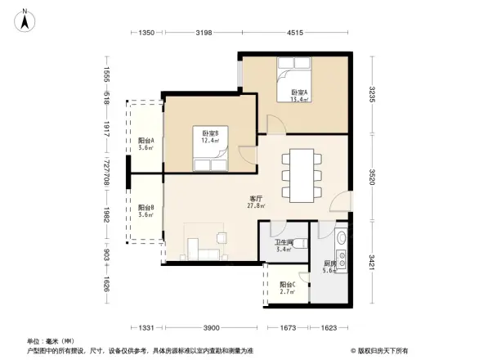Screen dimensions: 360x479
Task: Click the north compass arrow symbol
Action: [25, 19]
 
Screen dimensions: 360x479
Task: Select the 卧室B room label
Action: [210, 136]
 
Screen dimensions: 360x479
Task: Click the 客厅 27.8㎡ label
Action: [255, 202]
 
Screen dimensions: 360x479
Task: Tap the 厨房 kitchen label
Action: [329, 268]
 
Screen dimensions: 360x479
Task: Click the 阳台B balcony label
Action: [146, 211]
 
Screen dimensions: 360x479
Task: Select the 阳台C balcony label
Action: [287, 287]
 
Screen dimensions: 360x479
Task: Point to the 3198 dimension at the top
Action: [204, 33]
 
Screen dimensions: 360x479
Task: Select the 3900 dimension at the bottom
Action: [211, 327]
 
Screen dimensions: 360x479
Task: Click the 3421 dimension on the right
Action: [372, 263]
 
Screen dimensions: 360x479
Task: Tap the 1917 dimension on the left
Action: [107, 127]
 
